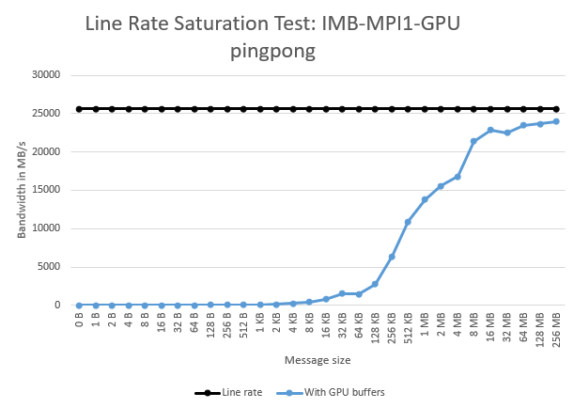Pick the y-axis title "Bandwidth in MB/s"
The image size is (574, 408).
click(x=22, y=189)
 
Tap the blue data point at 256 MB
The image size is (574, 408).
click(x=556, y=121)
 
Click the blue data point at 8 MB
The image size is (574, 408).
click(x=474, y=141)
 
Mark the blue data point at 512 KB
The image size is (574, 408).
click(x=409, y=222)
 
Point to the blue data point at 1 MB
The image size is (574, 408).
click(x=425, y=199)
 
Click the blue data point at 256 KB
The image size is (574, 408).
click(x=392, y=257)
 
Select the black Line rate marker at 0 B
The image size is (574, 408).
click(x=79, y=109)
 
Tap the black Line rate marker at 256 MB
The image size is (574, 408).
click(x=556, y=109)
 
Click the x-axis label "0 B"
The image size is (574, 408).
click(x=80, y=321)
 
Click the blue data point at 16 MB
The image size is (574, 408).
click(x=490, y=130)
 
